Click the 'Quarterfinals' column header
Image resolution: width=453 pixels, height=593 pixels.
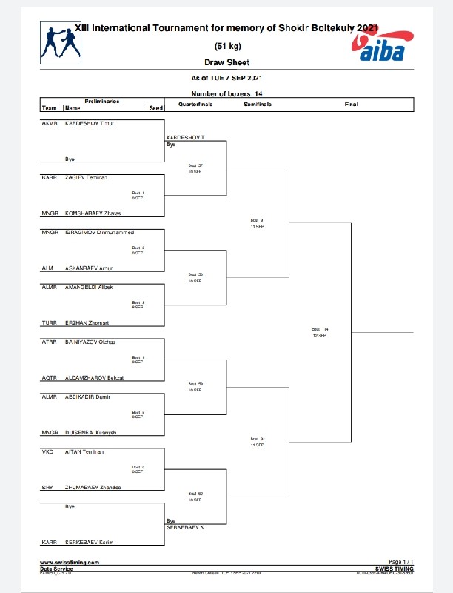[195, 105]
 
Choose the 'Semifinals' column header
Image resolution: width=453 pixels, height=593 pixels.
[258, 105]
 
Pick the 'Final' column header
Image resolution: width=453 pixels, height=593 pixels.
[351, 105]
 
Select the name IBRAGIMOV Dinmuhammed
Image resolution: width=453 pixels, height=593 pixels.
[99, 233]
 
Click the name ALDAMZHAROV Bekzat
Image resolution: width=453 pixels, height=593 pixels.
[95, 378]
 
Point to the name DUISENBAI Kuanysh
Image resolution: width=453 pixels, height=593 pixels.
[91, 432]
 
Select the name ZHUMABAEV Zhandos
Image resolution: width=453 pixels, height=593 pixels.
[93, 487]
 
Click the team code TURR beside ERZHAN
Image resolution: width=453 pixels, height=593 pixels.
[48, 323]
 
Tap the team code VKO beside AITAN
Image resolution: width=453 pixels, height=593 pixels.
[47, 451]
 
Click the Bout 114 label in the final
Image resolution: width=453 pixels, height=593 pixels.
[319, 329]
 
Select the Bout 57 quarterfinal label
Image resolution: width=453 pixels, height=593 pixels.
[195, 165]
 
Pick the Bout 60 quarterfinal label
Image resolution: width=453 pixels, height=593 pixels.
[195, 494]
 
